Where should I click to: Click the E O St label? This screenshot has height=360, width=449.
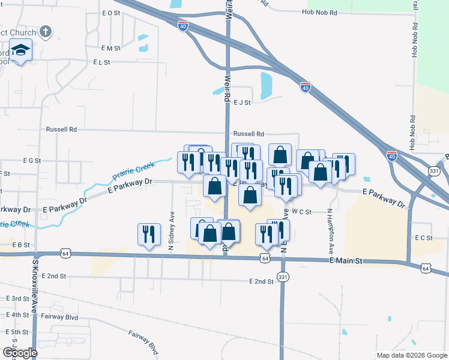pos(112,13)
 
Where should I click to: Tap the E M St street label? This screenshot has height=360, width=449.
pos(111,47)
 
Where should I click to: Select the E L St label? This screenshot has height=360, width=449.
pos(102,62)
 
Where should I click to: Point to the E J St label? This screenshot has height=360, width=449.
pos(241,103)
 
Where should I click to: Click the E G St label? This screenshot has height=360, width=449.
pos(32,161)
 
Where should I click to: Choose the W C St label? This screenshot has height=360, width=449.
pos(302,211)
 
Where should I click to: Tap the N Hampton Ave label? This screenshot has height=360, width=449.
pos(330,229)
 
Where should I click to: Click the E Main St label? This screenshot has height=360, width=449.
pos(346,261)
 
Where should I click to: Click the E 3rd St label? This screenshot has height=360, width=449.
pos(17,298)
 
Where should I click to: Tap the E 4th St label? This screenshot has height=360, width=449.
pos(17,314)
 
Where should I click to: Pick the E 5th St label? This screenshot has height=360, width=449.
pos(17,331)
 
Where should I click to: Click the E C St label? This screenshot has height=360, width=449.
pos(423,238)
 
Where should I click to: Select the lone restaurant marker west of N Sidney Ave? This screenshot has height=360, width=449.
pos(149,233)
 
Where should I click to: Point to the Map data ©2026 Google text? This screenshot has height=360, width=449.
pos(411,355)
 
